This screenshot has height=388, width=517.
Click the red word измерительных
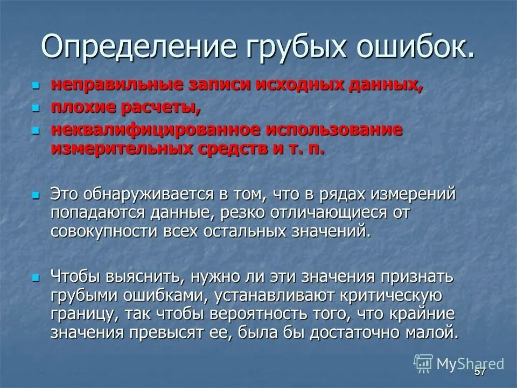[121, 149]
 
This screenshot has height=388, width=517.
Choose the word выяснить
[144, 277]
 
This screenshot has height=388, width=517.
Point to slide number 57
[480, 372]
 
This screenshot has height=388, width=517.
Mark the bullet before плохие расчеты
[36, 109]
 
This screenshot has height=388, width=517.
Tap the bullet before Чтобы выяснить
[36, 278]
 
